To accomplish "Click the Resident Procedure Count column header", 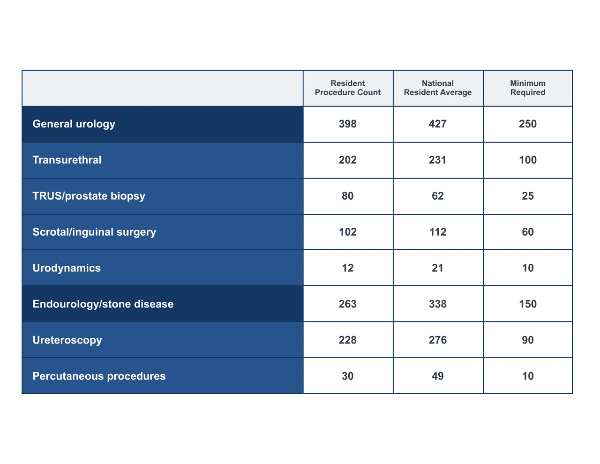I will [x=348, y=88].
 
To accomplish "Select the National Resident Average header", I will [x=438, y=88].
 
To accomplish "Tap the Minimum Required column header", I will [x=528, y=88].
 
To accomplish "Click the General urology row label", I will [x=74, y=124].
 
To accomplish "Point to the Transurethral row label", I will [x=67, y=160].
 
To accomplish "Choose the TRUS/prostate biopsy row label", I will [x=89, y=196].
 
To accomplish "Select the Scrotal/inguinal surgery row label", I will [x=94, y=232].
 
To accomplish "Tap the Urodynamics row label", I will [x=67, y=268].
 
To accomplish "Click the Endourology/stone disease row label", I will [x=103, y=304].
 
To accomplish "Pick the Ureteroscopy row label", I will [x=67, y=340].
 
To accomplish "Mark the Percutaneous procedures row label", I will [x=99, y=376].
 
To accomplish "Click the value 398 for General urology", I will [x=348, y=124].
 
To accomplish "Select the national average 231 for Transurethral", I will [x=438, y=160].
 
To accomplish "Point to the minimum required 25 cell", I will [x=528, y=196].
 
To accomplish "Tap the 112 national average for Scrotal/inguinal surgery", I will [x=438, y=232].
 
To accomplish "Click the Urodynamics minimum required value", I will [x=528, y=268].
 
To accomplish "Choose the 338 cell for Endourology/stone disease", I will [x=438, y=304].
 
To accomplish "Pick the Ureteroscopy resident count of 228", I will [x=348, y=340].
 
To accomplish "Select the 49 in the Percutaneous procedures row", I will [x=438, y=376].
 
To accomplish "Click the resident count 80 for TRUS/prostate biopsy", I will [x=348, y=196].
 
